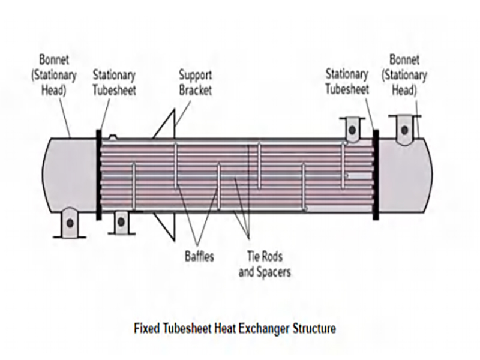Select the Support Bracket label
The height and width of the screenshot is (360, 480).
pyautogui.click(x=196, y=83)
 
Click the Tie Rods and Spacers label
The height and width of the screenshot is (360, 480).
pyautogui.click(x=265, y=263)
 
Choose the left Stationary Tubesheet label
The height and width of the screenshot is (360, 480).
pyautogui.click(x=114, y=83)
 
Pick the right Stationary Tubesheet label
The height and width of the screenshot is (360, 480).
pyautogui.click(x=347, y=82)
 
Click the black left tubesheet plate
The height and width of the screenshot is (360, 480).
pyautogui.click(x=98, y=174)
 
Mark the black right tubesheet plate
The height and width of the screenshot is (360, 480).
pyautogui.click(x=375, y=174)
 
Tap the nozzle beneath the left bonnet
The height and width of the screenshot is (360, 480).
pyautogui.click(x=70, y=222)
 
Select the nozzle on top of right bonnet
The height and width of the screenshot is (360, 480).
pyautogui.click(x=405, y=128)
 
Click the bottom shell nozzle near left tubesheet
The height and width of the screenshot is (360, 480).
pyautogui.click(x=121, y=221)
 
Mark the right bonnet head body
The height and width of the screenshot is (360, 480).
pyautogui.click(x=405, y=174)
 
